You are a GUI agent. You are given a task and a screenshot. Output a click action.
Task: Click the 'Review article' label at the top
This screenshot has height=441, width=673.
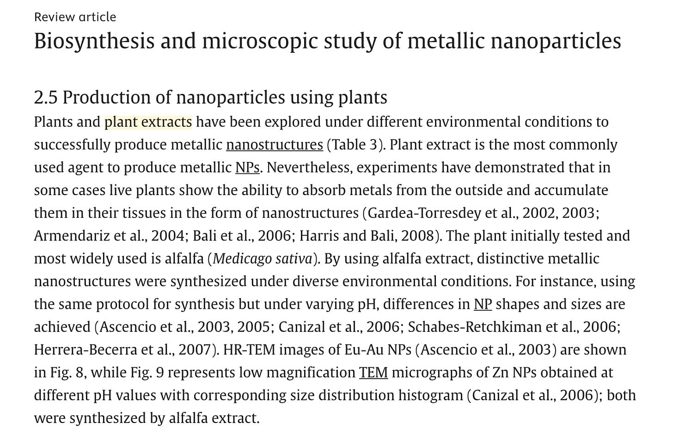click(x=75, y=17)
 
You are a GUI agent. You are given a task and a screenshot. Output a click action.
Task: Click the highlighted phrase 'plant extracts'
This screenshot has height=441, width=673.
click(x=148, y=122)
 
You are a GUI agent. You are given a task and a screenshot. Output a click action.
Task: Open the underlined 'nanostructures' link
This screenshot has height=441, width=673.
click(x=274, y=145)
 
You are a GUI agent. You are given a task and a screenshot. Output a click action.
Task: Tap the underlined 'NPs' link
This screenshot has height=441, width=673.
click(x=247, y=167)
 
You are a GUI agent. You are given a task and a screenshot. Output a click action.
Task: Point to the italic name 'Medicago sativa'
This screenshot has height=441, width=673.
click(x=263, y=258)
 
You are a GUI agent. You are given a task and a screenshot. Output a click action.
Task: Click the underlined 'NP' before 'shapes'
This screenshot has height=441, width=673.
click(x=483, y=304)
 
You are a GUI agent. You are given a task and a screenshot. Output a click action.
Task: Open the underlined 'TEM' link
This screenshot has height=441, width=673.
click(x=373, y=372)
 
